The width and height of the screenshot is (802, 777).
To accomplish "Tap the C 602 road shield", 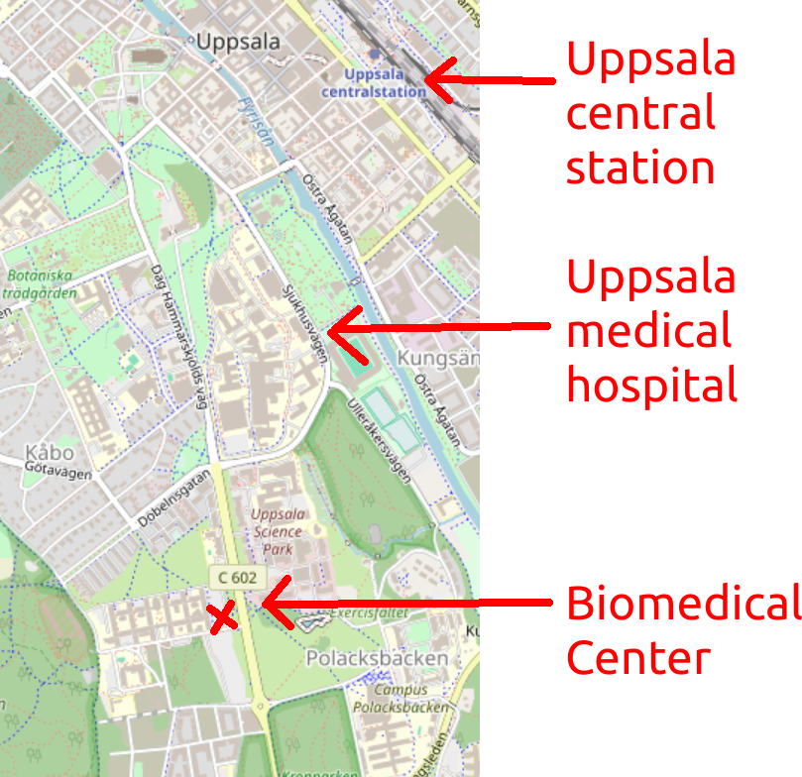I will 235,577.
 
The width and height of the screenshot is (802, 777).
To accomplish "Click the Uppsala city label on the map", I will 239,43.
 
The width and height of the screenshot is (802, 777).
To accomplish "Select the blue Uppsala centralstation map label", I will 374,83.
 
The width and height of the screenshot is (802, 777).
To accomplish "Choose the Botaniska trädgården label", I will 38,283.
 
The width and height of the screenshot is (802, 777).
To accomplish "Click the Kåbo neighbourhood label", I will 47,456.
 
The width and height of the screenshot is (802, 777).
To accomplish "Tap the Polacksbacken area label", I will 377,658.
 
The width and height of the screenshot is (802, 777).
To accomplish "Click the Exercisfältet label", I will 369,613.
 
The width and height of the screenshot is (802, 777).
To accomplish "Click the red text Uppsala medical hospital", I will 651,331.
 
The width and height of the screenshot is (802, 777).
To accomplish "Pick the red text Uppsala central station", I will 650,114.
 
